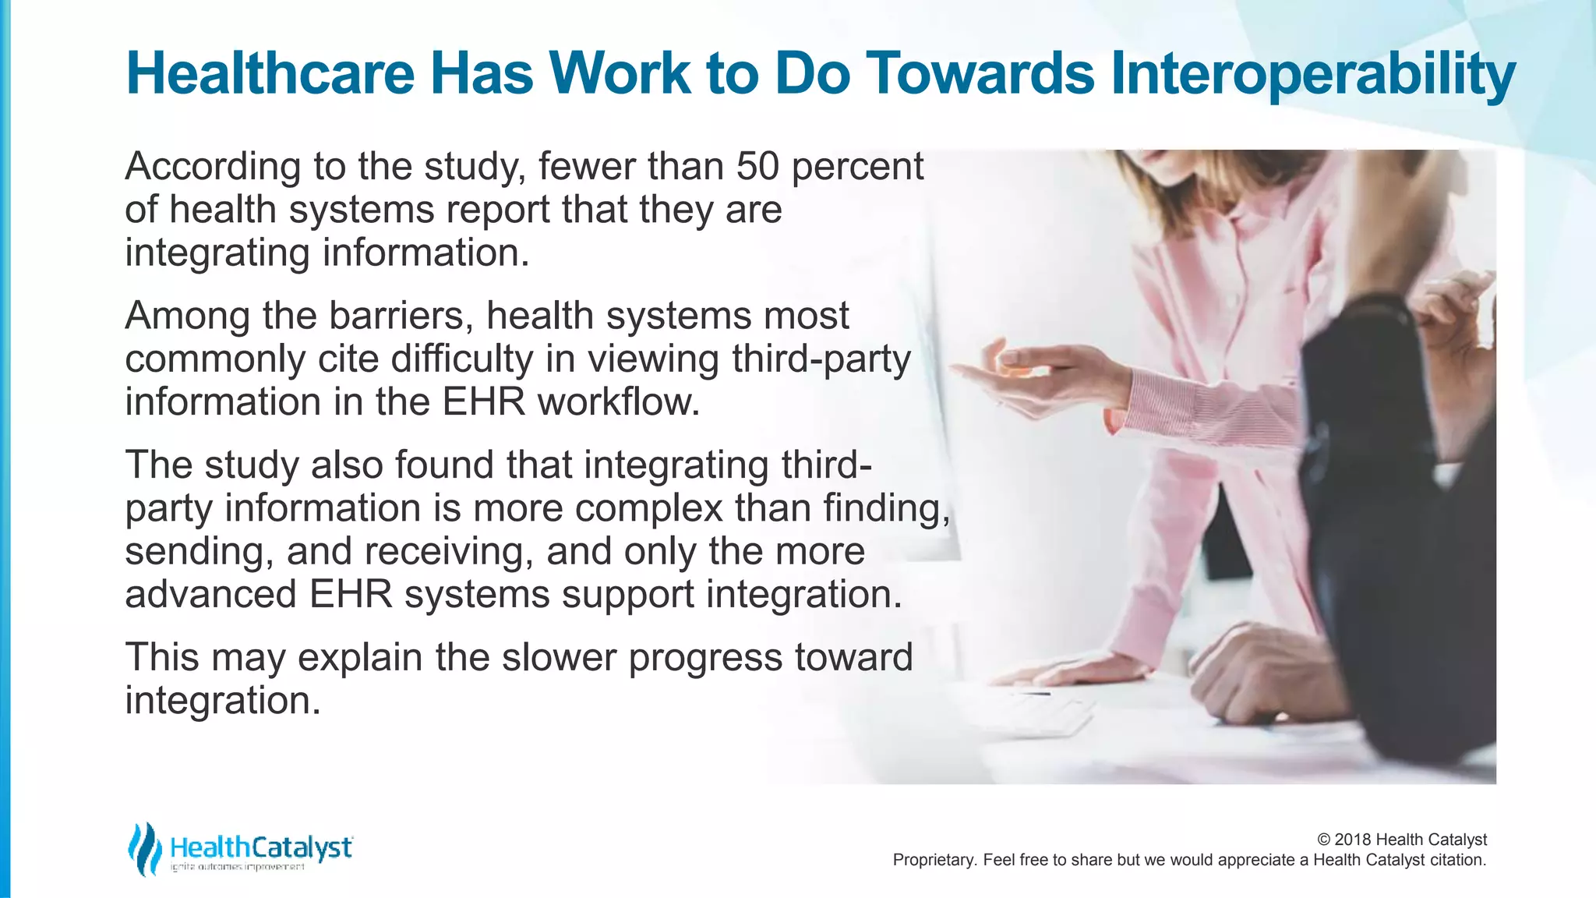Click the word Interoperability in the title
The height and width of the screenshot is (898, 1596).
coord(1312,74)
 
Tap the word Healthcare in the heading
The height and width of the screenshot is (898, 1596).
coord(270,74)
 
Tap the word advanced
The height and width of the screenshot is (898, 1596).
coord(210,594)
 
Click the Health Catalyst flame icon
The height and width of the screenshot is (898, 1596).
coord(145,849)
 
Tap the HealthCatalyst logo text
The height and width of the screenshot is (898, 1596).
coord(260,847)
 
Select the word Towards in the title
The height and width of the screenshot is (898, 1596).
coord(982,74)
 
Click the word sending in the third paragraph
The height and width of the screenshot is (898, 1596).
coord(198,551)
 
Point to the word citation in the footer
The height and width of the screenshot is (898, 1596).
coord(1457,861)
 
